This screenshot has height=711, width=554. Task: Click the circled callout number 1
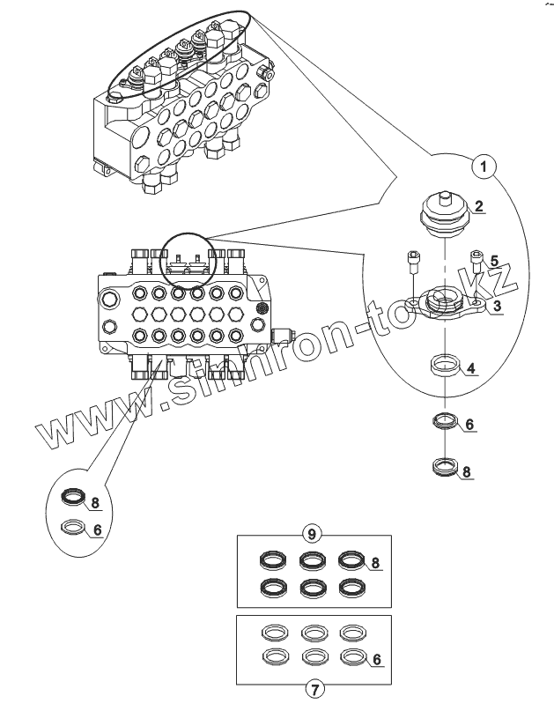coord(484,164)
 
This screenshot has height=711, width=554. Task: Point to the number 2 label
coord(478,208)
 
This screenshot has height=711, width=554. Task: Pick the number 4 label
coord(472,367)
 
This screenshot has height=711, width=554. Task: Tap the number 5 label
coord(494,261)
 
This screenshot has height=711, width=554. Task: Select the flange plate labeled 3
coord(447,306)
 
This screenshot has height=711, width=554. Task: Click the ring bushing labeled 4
coord(445,364)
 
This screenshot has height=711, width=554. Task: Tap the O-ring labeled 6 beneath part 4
coord(446,420)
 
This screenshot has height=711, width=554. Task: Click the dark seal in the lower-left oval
coord(74,500)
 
